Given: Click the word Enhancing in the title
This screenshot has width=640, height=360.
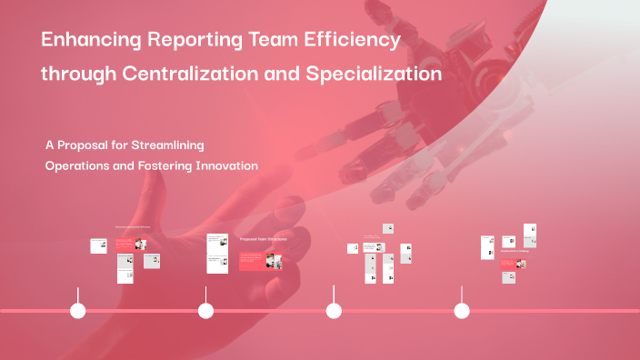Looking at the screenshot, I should [x=86, y=42].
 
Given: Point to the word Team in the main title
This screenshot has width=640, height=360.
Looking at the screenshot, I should [x=265, y=42].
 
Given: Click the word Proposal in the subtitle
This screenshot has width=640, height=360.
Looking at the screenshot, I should [x=86, y=145].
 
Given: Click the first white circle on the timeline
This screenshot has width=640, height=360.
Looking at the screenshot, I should [x=78, y=311].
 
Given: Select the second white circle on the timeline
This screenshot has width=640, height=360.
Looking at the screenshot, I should [x=205, y=311].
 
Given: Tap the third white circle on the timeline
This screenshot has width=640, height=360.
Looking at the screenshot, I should [x=334, y=311].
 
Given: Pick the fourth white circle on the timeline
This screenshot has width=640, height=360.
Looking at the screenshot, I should [x=462, y=311].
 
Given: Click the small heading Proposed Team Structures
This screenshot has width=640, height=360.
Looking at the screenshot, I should [x=263, y=239].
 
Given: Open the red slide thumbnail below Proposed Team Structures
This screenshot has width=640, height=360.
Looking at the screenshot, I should [x=261, y=262].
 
